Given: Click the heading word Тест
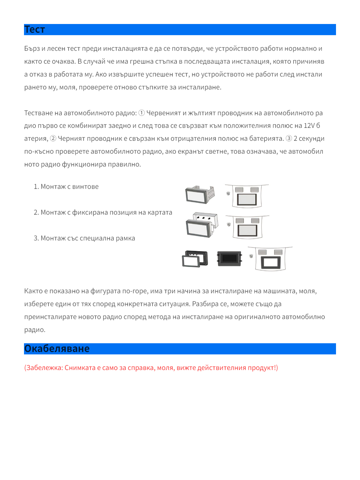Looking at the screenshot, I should coord(34,29).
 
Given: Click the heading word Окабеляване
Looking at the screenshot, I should coord(57,349).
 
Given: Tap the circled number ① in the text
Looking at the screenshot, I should coord(142,113).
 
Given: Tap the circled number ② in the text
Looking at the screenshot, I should coord(53,139).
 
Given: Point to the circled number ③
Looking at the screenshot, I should coord(289,139).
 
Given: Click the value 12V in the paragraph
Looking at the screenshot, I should coord(309,126).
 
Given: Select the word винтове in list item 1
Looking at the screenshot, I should coord(85,187).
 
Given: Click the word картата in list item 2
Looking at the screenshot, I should coord(160,212).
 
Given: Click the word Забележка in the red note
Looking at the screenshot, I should coord(45,368).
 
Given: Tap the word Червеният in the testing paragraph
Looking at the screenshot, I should coord(163,113).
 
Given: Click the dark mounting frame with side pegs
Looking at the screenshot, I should coord(229,259).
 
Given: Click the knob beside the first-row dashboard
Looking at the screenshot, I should coord(228,193).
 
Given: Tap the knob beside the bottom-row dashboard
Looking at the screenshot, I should coord(251,256).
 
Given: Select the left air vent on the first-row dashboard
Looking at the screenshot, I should coord(239,190).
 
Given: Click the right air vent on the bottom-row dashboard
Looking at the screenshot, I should coord(278,252).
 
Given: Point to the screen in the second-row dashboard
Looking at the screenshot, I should coord(247,230).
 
